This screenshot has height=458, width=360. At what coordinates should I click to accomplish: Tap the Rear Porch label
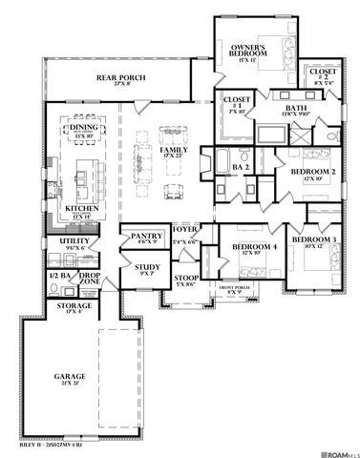[x=119, y=80]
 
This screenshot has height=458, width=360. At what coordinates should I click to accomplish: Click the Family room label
[x=174, y=150]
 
